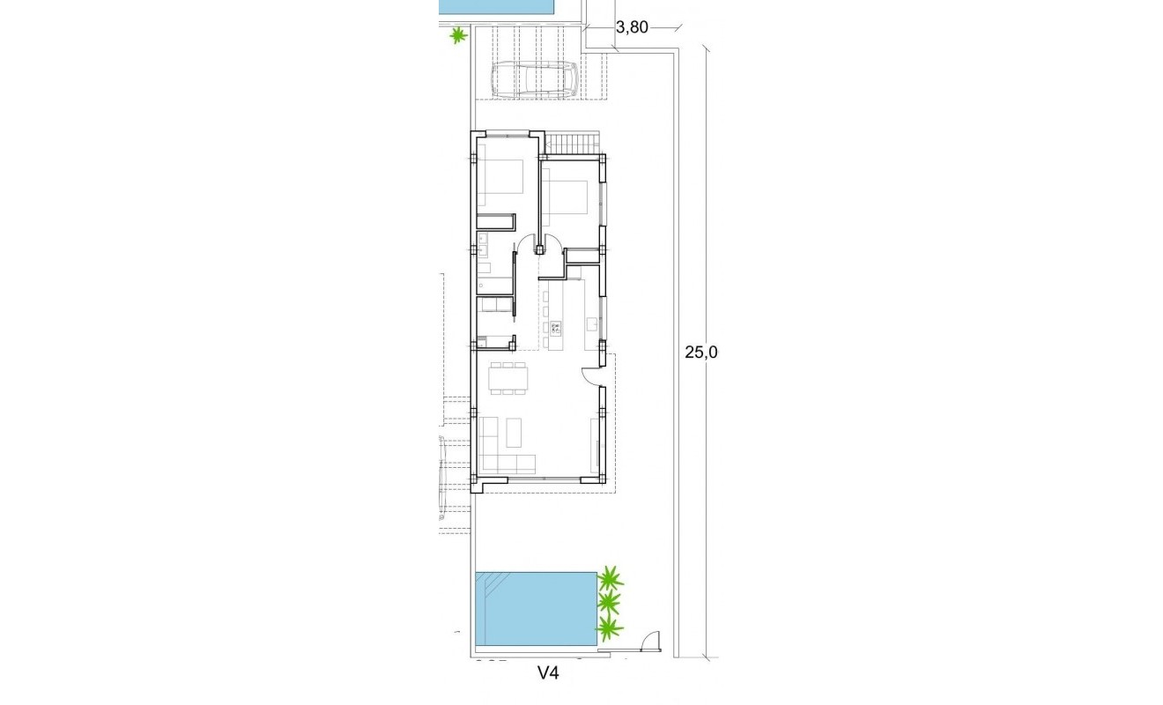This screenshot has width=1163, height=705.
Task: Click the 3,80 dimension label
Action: [x=632, y=27]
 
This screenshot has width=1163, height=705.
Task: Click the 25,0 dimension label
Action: [x=702, y=352]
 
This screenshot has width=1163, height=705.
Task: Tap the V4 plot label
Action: [x=549, y=674]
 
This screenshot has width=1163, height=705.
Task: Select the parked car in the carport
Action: [x=534, y=79]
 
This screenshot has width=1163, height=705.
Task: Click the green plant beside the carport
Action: [x=457, y=35]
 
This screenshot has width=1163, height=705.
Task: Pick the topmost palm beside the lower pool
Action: [x=610, y=579]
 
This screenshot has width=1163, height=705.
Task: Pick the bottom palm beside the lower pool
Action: [x=609, y=627]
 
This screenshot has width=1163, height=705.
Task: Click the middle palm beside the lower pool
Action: [x=609, y=603]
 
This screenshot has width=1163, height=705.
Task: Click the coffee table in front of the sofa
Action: [x=515, y=431]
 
